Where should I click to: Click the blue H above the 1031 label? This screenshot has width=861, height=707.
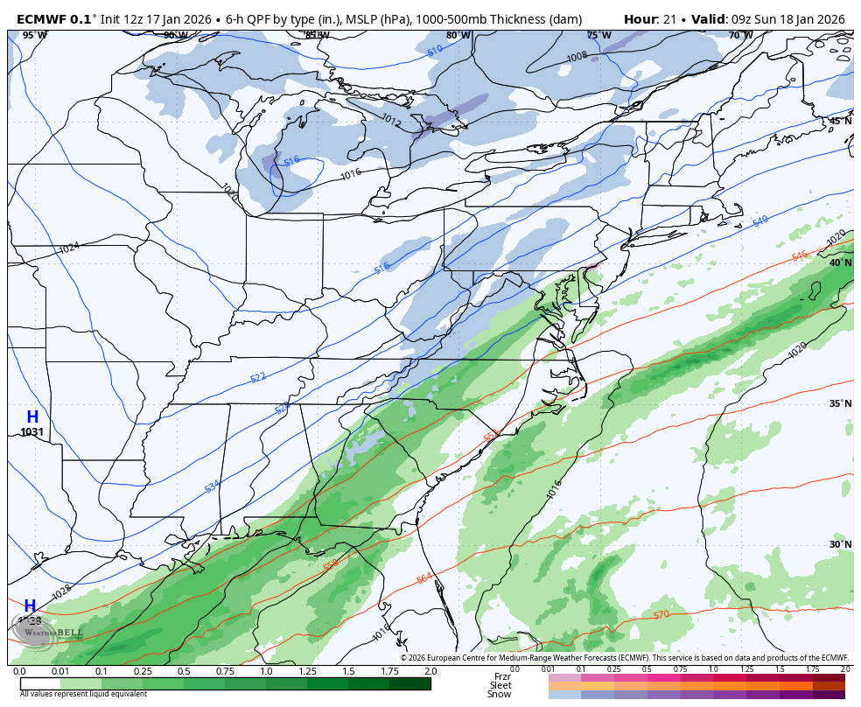pos(32,417)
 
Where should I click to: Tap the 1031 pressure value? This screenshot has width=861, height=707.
pos(32,432)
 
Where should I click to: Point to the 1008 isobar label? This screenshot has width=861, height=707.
pos(577,57)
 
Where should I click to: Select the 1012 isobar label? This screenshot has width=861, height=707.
pos(391,122)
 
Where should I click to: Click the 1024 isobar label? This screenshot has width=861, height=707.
pos(69,248)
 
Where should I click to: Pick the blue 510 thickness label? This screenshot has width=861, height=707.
pos(435,52)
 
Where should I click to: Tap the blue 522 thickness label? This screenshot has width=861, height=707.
pos(258,377)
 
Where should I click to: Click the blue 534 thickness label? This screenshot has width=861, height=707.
pos(213,486)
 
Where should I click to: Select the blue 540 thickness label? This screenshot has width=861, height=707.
pos(760,221)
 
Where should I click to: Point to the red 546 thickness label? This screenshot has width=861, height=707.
pos(799,255)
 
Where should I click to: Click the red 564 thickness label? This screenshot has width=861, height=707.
pos(424,578)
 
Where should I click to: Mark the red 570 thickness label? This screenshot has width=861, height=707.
pos(661,614)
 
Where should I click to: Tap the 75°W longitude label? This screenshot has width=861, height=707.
pos(598,36)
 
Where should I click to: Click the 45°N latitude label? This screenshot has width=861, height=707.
pos(840,122)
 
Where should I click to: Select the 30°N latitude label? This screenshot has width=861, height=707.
pos(840,544)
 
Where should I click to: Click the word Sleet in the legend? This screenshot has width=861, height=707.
pos(500,685)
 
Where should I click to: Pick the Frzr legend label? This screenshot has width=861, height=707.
pos(502,676)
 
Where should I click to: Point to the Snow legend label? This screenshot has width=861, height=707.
pos(500,694)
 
